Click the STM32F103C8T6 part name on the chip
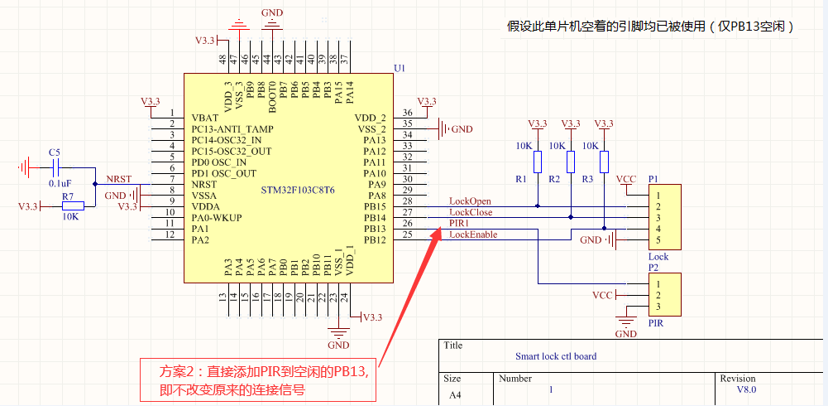point(298,190)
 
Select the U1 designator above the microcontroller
point(400,68)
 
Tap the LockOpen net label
point(470,201)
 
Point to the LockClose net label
point(471,212)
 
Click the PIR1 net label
point(460,224)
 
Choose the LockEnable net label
point(473,234)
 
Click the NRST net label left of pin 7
point(118,179)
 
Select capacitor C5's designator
point(55,152)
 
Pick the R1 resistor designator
point(520,179)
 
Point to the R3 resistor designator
point(587,179)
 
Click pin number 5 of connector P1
point(658,240)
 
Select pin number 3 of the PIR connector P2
point(658,308)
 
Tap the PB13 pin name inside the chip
point(375,229)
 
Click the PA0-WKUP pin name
point(218,218)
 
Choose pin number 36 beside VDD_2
point(407,113)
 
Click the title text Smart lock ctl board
point(555,356)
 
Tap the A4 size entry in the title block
point(455,395)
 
